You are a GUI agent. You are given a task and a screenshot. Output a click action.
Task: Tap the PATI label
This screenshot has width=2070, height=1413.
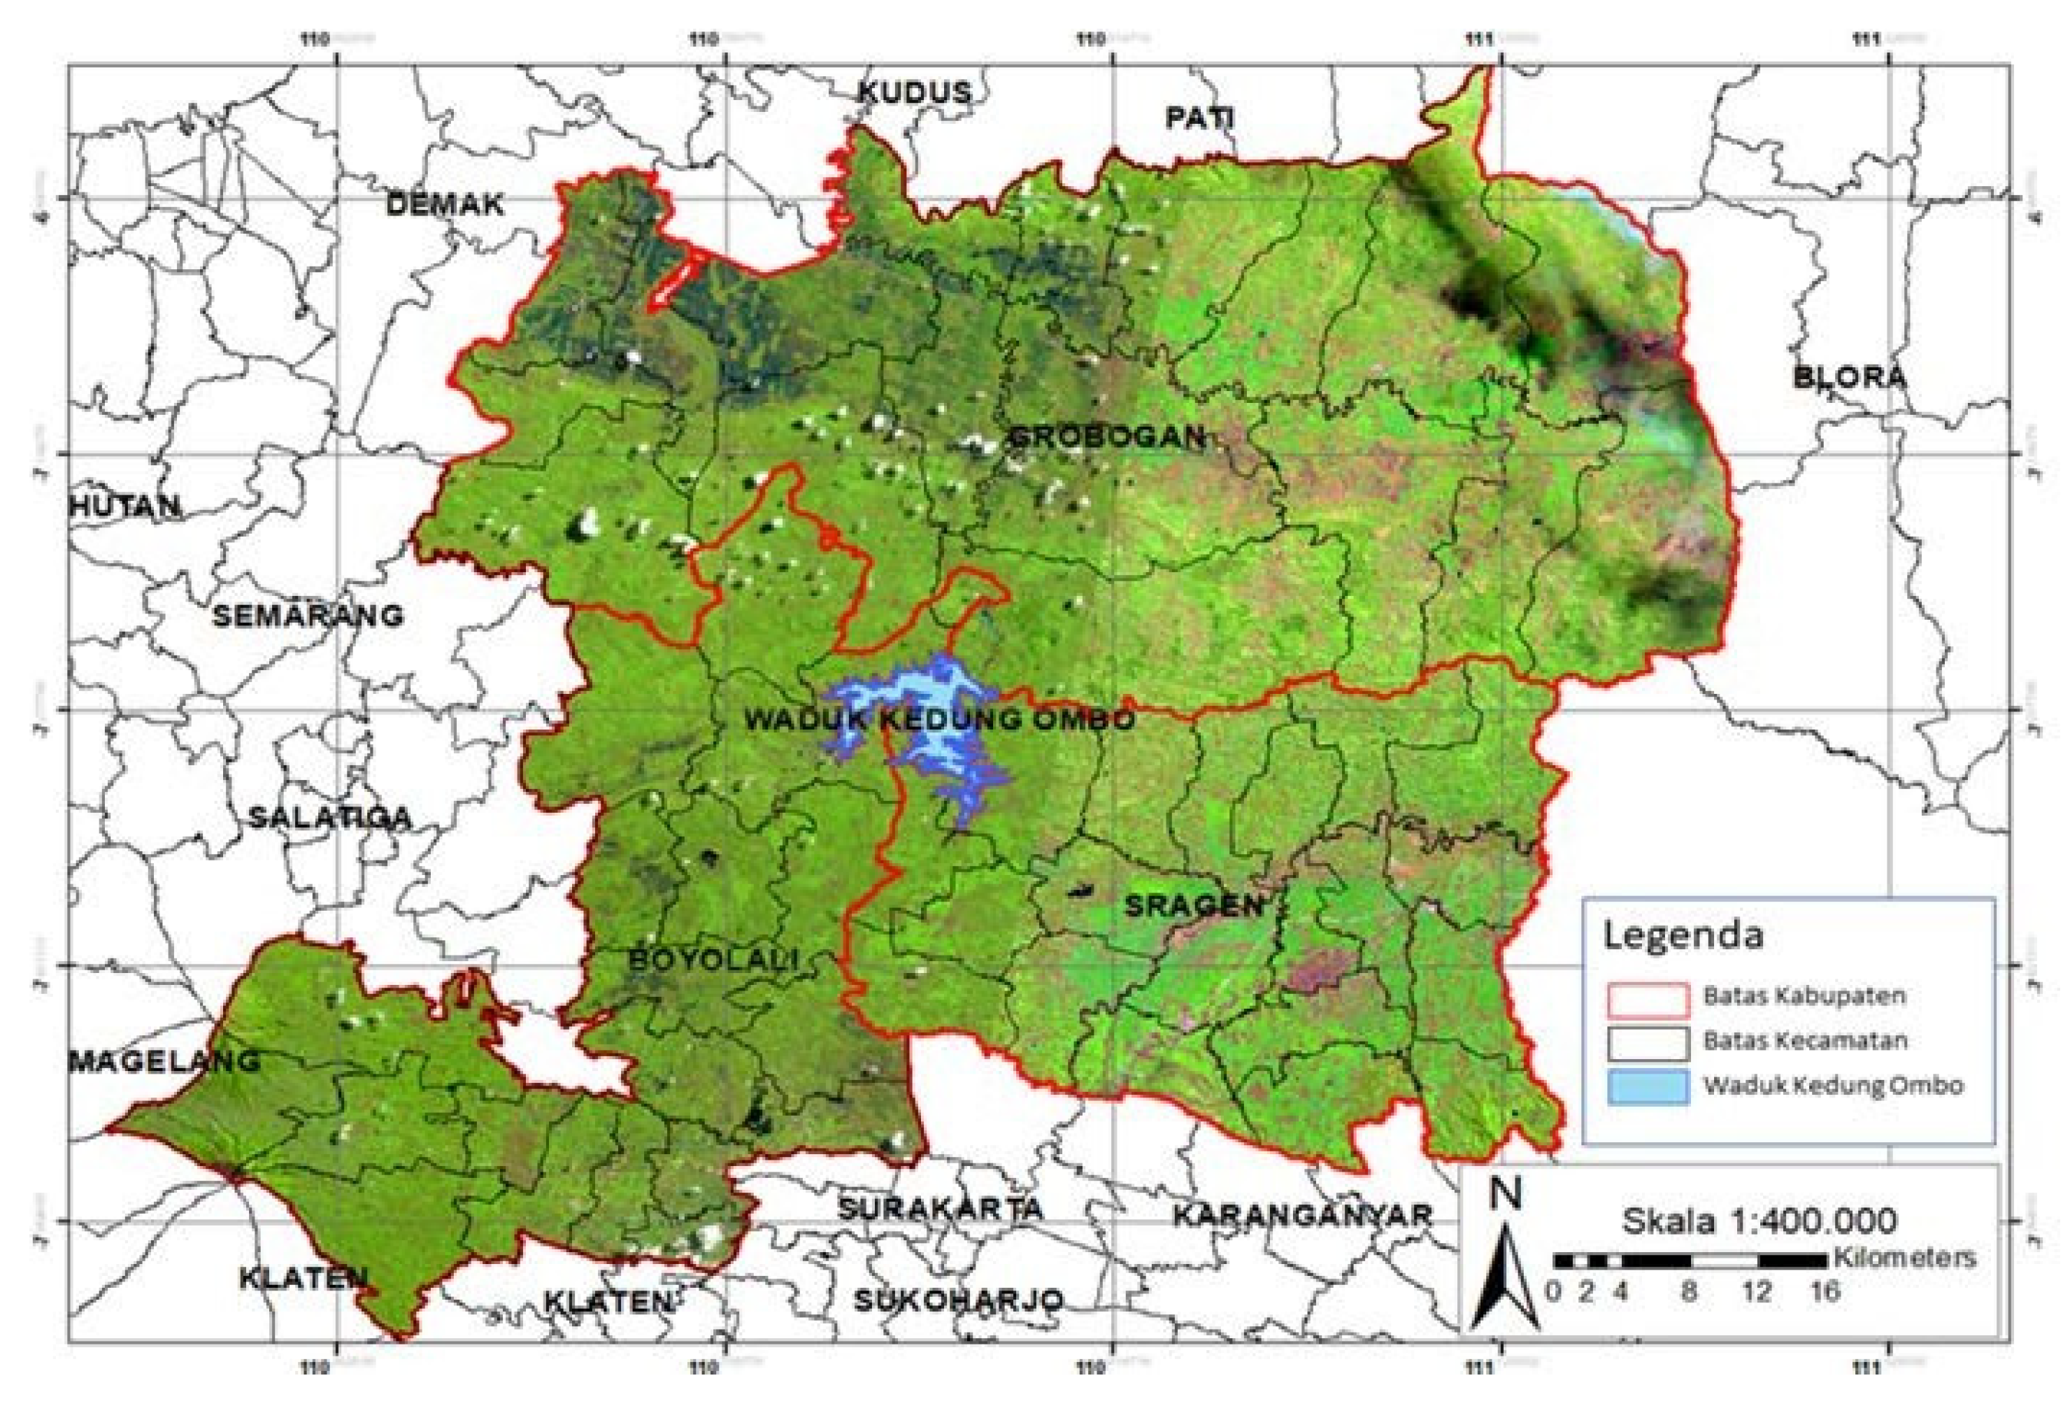[1201, 118]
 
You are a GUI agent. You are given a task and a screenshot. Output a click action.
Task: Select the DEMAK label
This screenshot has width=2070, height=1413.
[445, 205]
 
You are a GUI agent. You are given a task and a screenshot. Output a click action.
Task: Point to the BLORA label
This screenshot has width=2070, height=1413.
[1850, 377]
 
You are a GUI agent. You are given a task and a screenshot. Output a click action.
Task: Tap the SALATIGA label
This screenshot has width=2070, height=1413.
[329, 818]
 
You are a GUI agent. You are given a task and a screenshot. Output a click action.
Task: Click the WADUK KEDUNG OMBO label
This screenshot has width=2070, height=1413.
[940, 720]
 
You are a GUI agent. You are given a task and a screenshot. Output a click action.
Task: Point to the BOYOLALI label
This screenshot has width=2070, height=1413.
[713, 960]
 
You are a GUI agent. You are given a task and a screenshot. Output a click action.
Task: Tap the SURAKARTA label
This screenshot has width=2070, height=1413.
[940, 1209]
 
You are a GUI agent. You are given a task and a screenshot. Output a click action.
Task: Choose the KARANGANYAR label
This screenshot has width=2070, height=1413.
[1301, 1215]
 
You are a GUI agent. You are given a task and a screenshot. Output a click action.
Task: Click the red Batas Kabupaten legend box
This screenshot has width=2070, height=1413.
[1648, 1000]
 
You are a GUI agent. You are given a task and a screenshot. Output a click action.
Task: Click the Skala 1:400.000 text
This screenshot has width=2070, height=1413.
[1757, 1220]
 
